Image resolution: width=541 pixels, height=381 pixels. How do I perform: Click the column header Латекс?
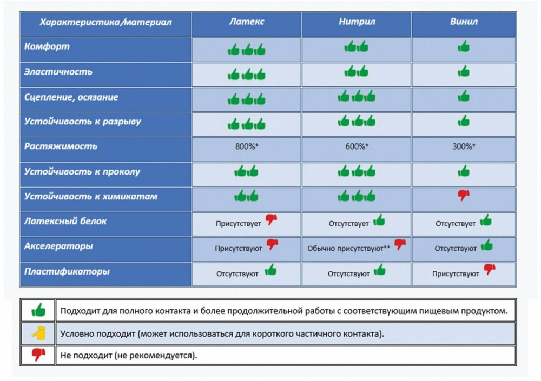point(246,22)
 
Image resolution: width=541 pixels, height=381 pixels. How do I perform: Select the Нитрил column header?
point(357,22)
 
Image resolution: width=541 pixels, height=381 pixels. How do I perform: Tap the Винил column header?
point(464,22)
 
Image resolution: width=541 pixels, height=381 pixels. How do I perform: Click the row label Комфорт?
point(47,46)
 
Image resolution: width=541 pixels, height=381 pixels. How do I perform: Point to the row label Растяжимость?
point(61,146)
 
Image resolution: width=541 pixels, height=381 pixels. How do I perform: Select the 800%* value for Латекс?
point(247,146)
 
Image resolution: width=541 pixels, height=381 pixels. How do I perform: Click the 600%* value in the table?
point(357,146)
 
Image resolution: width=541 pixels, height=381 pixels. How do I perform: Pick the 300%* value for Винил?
point(464,146)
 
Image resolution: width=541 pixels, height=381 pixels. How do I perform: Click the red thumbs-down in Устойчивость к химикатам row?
point(464,195)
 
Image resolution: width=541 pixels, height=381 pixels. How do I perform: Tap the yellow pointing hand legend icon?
point(38,333)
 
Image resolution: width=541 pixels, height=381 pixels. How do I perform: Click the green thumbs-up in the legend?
point(38,310)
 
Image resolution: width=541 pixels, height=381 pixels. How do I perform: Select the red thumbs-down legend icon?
point(38,355)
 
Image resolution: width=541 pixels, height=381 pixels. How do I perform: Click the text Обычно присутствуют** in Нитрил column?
point(348,248)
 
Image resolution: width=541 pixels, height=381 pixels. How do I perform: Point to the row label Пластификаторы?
point(67,271)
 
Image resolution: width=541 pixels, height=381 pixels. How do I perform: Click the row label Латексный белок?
point(65,222)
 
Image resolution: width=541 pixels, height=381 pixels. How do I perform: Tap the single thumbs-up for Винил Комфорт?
point(464,46)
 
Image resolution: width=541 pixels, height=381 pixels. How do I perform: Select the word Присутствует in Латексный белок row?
point(239,224)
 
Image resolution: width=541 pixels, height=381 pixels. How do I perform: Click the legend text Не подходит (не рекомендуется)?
point(128,355)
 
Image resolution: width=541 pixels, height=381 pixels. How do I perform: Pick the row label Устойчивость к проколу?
point(82,171)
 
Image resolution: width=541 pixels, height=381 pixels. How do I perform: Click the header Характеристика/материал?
point(105,22)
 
